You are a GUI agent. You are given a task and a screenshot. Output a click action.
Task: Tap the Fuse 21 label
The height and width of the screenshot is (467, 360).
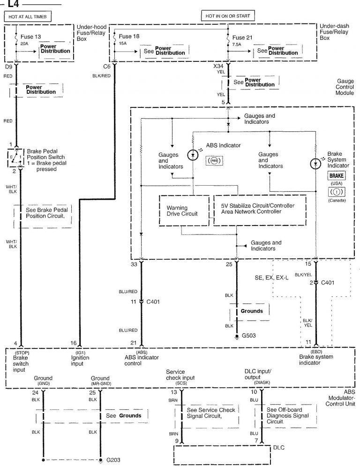click(242, 38)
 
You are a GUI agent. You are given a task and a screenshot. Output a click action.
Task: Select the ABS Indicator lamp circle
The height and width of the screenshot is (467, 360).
click(193, 155)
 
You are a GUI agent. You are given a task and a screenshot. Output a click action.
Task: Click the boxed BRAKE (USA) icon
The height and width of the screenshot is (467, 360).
click(337, 175)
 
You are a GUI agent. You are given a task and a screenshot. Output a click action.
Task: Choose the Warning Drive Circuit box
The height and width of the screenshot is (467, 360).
click(183, 211)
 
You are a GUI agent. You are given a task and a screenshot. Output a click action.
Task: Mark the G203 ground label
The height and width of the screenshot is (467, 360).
click(113, 459)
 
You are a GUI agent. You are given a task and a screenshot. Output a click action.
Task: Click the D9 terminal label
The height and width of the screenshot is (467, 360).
click(8, 67)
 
